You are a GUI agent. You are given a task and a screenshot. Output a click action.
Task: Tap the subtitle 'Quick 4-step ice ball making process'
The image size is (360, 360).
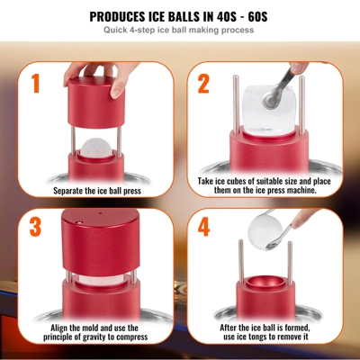[x=179, y=31]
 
